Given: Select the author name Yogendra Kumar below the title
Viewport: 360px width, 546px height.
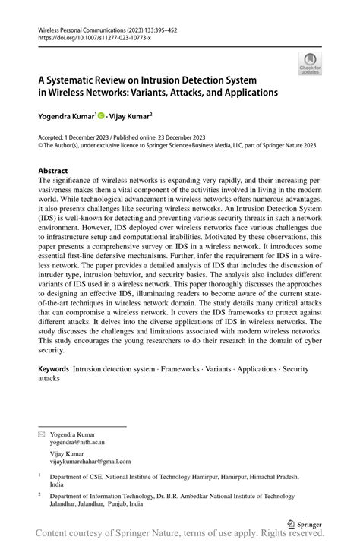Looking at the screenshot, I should [64, 117].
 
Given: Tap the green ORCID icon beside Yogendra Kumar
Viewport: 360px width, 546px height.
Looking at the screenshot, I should [100, 117].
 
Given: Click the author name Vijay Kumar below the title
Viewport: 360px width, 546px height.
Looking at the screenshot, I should [130, 117].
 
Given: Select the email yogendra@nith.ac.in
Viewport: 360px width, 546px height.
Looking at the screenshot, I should [77, 440].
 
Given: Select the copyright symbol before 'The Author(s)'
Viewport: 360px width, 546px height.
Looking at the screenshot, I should [40, 147].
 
